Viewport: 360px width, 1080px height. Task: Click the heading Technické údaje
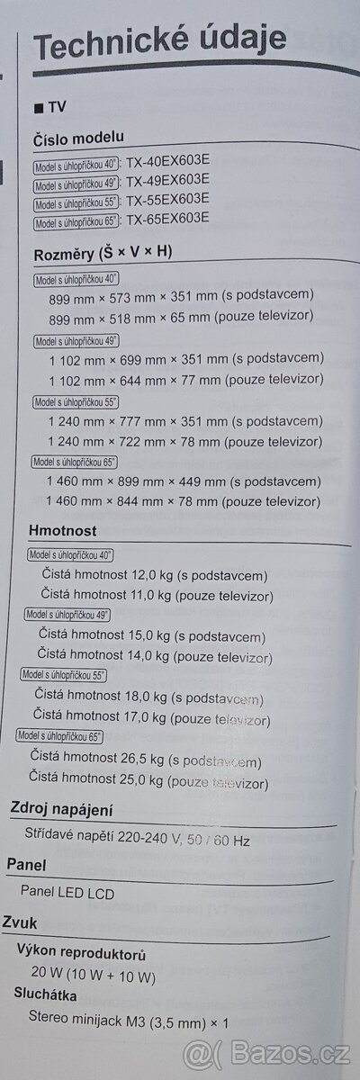point(160,40)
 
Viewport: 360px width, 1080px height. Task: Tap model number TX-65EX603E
point(167,219)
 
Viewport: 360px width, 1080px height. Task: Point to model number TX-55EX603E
point(168,200)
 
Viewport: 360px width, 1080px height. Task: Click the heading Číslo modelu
point(78,138)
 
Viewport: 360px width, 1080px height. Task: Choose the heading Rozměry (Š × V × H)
point(102,251)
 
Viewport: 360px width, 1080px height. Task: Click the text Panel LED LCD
point(67,893)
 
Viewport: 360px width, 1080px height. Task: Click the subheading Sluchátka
point(49,994)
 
